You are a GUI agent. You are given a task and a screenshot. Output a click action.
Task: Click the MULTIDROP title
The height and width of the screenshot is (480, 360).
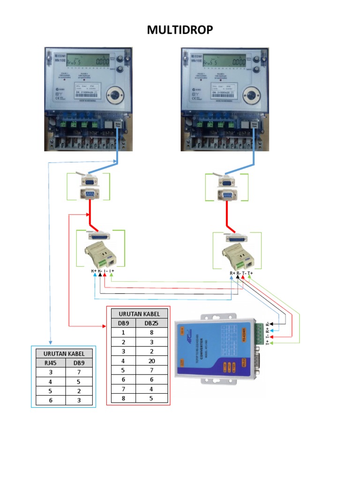(x=180, y=30)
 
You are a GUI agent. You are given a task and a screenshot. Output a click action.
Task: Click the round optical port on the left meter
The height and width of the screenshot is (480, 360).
(x=114, y=95)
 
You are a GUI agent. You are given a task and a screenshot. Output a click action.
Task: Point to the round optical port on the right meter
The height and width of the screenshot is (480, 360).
(x=251, y=95)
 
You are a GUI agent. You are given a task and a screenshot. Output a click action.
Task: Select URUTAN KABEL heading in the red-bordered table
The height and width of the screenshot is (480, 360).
(x=139, y=314)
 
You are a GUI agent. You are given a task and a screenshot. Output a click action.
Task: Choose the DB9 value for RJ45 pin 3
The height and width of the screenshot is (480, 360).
(x=78, y=372)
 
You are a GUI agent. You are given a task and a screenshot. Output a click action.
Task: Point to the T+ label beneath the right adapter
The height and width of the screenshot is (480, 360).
(x=250, y=273)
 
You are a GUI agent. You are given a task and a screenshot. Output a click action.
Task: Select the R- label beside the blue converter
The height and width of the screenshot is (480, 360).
(x=268, y=324)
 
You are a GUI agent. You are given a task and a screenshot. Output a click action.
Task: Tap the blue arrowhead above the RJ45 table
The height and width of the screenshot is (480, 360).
(x=50, y=344)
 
